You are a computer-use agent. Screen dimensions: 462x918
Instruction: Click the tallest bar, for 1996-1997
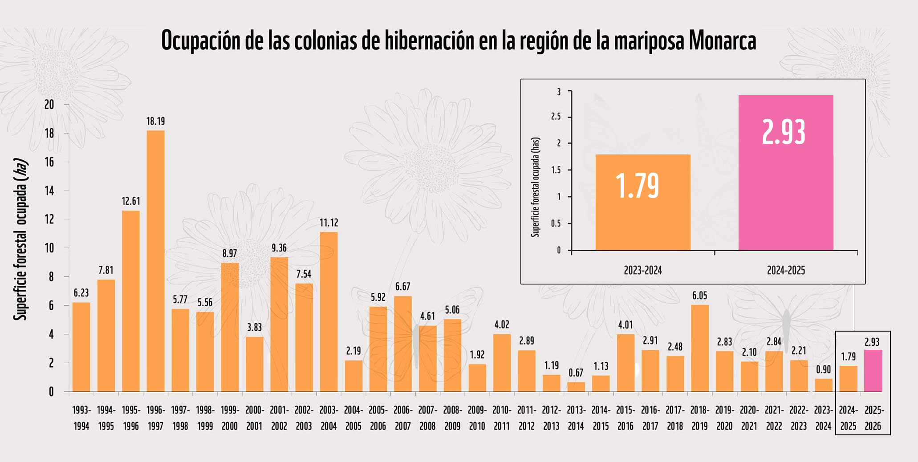pos(155,261)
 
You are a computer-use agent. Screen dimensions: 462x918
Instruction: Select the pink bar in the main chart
pos(873,371)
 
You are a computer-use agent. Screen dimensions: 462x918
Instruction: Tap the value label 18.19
pos(155,121)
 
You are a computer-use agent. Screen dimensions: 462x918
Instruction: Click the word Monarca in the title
pos(722,41)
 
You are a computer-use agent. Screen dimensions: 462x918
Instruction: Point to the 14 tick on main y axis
pos(49,191)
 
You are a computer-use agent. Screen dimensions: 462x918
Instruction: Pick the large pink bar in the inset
pos(785,173)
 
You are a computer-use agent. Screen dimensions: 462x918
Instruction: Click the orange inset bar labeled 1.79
pos(642,203)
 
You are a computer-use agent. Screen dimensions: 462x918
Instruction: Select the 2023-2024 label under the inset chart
pos(642,270)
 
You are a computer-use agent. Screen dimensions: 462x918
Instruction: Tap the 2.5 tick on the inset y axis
pos(556,117)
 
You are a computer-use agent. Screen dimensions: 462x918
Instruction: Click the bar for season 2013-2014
pos(576,387)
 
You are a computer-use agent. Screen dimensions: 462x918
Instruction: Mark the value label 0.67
pos(576,373)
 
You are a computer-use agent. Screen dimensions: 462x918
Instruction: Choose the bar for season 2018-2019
pos(699,348)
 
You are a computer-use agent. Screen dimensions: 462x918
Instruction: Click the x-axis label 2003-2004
pos(329,418)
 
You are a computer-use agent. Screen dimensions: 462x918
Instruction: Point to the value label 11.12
pos(329,223)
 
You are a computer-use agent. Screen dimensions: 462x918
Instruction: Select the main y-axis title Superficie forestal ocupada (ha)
pos(20,239)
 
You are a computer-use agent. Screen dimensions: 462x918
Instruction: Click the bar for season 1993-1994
pos(81,347)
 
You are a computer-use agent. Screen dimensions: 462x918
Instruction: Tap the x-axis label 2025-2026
pos(873,418)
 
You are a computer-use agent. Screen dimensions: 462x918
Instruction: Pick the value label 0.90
pos(823,369)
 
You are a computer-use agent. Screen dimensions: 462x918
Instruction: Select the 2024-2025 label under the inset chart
pos(785,270)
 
